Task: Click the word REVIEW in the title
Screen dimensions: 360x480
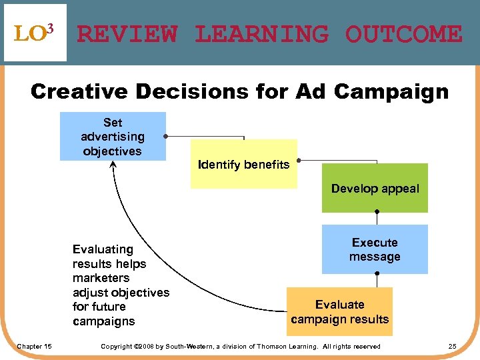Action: [127, 34]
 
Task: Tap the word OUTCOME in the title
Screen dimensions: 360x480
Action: [403, 34]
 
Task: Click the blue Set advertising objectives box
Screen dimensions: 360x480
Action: [113, 137]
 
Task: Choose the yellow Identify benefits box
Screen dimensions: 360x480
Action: [243, 164]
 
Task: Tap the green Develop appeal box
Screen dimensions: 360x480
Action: [375, 188]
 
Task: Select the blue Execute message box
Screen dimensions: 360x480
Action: [375, 249]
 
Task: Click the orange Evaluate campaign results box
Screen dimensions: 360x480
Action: [339, 311]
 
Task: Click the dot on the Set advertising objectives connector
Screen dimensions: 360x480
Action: [165, 137]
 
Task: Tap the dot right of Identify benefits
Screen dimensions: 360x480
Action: [298, 161]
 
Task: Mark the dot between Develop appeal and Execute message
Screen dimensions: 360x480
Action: [376, 213]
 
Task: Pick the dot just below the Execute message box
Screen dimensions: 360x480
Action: [376, 274]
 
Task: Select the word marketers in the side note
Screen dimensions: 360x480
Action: [101, 278]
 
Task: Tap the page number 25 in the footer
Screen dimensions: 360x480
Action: [452, 346]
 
